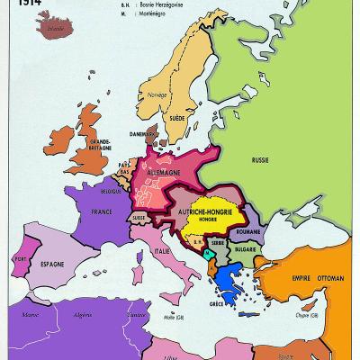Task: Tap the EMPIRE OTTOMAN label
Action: click(x=317, y=280)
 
